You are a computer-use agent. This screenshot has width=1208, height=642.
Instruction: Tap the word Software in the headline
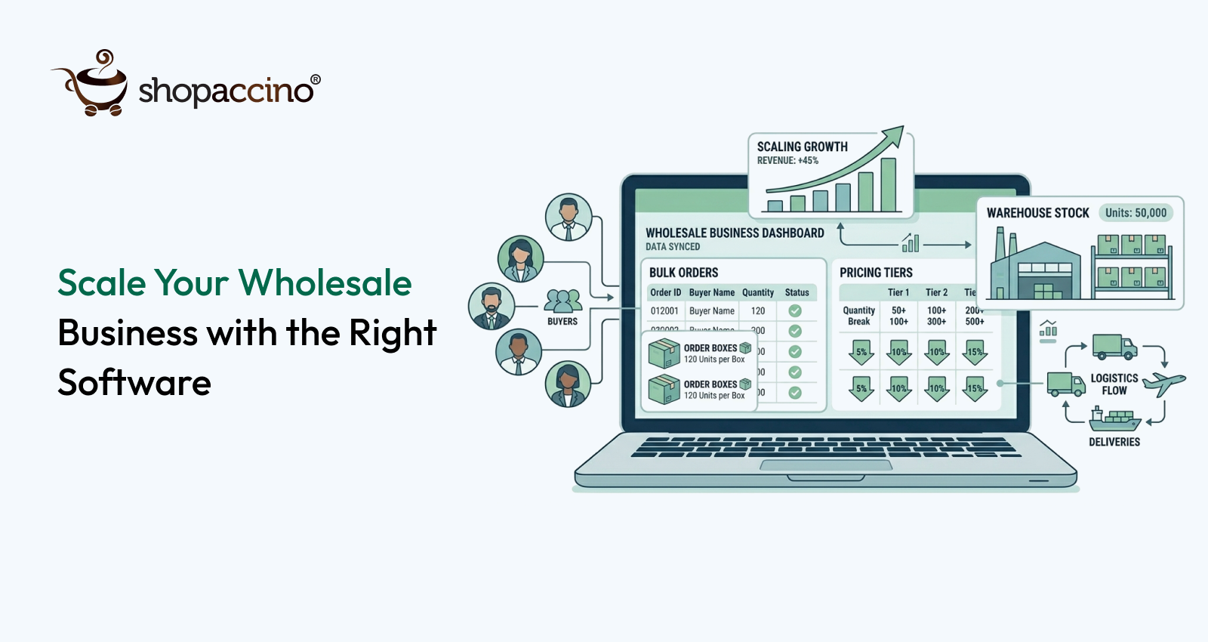tap(134, 383)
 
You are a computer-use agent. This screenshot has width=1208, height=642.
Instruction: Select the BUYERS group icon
tap(562, 301)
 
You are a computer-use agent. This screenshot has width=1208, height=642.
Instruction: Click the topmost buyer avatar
tap(568, 217)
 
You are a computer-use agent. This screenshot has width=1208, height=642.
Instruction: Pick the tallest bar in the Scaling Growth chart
tap(888, 184)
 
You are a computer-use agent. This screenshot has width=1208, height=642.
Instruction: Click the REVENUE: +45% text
tap(787, 161)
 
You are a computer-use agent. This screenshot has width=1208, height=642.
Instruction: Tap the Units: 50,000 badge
tap(1136, 213)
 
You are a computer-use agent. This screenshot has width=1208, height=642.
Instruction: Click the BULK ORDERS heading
tap(683, 273)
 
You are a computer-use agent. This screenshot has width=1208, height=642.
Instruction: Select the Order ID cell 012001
tap(664, 311)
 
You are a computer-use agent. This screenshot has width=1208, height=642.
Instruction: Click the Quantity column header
tap(757, 292)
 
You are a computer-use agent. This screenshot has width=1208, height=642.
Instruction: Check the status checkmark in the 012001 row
tap(795, 310)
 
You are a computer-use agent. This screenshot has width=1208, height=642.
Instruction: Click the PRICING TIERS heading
tap(876, 273)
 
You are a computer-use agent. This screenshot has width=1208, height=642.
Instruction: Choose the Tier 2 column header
tap(936, 292)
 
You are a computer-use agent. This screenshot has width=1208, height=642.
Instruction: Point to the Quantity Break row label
tap(858, 316)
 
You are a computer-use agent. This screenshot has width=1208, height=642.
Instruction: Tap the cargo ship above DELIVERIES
tap(1114, 419)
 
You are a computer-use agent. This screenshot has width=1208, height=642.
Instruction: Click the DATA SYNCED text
tap(673, 247)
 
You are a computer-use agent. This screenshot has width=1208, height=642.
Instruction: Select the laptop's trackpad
tap(826, 465)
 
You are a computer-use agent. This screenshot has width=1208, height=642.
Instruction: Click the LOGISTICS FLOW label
tap(1114, 384)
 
